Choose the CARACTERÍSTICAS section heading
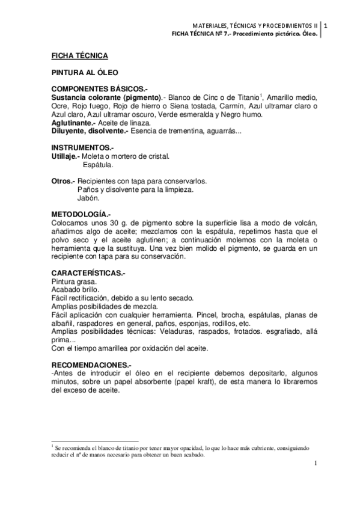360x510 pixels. pos(88,272)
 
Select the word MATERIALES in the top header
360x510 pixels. pos(210,26)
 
